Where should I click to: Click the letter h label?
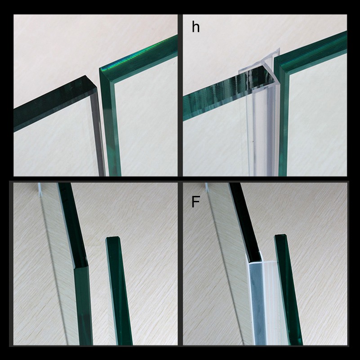coord(196,27)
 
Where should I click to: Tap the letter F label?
coord(196,201)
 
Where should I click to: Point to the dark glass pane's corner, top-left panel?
coord(86,76)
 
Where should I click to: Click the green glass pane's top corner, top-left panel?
coord(100,68)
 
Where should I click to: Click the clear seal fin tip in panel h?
coord(279,49)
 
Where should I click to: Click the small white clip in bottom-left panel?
coord(40,190)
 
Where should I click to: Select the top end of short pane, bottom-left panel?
coord(112,238)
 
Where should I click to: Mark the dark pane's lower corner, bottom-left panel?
coord(74,267)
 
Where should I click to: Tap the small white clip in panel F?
coord(207,188)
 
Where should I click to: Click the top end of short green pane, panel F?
coord(280,236)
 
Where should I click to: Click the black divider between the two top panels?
coord(180,96)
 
